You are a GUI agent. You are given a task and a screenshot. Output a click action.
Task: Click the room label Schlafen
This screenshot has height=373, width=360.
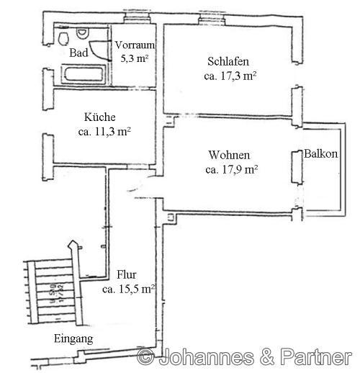click(x=228, y=62)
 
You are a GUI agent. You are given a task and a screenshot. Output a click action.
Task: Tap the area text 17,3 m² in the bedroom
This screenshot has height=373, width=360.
click(x=231, y=75)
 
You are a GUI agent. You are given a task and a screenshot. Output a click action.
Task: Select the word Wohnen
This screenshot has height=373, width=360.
click(x=229, y=156)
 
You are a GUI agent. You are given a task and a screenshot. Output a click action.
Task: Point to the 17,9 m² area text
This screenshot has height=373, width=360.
click(x=231, y=170)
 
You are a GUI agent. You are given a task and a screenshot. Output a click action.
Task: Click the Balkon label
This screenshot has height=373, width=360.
click(x=320, y=154)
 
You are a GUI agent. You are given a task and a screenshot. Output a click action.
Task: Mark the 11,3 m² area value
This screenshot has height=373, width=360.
click(x=104, y=131)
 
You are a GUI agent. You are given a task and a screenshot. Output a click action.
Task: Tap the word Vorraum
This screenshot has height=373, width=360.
click(x=133, y=45)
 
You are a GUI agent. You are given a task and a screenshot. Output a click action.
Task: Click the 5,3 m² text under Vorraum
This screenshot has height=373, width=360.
click(x=133, y=58)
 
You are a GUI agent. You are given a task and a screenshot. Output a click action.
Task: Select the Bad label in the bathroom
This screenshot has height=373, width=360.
click(x=78, y=53)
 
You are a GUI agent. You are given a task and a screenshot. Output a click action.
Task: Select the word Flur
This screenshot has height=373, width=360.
click(x=127, y=274)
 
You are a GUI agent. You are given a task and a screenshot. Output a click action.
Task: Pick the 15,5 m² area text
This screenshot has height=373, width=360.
click(x=130, y=289)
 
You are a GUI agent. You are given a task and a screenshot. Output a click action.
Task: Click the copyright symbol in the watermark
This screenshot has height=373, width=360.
click(x=146, y=356)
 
